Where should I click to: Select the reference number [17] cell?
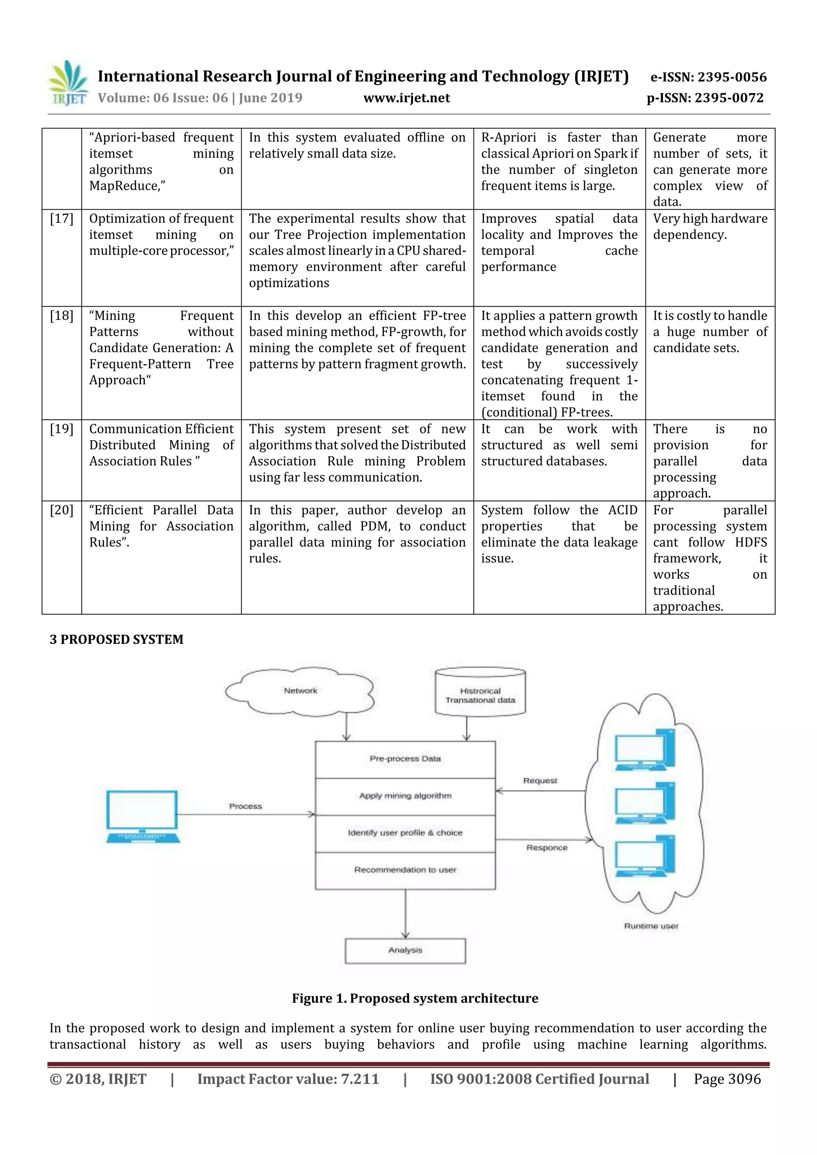point(61,219)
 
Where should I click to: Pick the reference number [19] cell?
point(61,429)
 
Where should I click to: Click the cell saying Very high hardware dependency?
point(710,226)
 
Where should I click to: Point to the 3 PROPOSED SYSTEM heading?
point(116,639)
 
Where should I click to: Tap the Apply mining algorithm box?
point(405,796)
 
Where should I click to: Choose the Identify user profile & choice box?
point(405,833)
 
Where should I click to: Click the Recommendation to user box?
point(405,870)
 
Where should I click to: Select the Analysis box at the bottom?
point(405,950)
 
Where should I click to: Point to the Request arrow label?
point(540,781)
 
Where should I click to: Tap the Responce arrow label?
point(547,848)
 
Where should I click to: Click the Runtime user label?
point(651,926)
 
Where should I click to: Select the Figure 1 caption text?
point(415,999)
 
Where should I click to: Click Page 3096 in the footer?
point(727,1079)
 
